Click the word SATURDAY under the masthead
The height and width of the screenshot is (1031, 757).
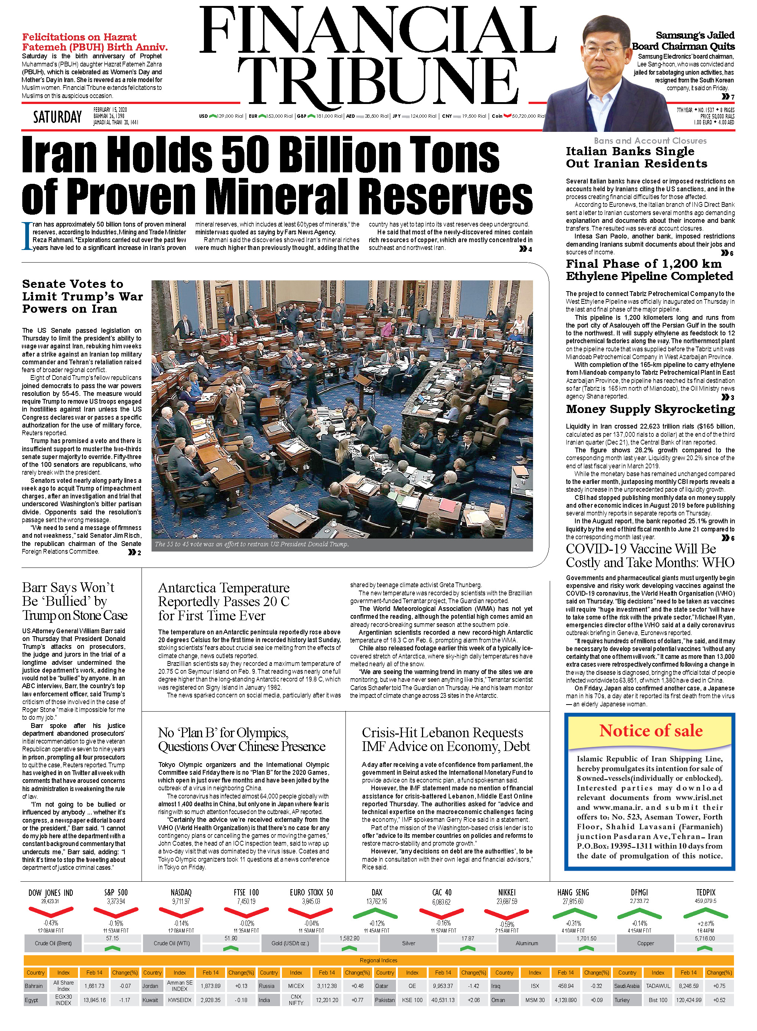pyautogui.click(x=57, y=117)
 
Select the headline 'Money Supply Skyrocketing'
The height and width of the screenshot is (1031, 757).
pyautogui.click(x=650, y=409)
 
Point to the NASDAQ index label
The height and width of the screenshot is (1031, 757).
pyautogui.click(x=181, y=892)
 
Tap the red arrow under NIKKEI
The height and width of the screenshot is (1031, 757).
pyautogui.click(x=507, y=913)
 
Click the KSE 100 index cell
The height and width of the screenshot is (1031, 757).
pyautogui.click(x=412, y=1000)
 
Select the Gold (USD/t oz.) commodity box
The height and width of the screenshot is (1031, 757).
pyautogui.click(x=290, y=943)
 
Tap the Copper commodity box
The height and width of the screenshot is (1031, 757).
pyautogui.click(x=645, y=943)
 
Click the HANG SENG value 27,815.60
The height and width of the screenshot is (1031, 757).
pyautogui.click(x=573, y=901)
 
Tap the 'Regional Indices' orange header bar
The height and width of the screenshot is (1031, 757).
pyautogui.click(x=378, y=960)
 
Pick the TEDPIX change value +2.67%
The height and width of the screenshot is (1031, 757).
pyautogui.click(x=706, y=923)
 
